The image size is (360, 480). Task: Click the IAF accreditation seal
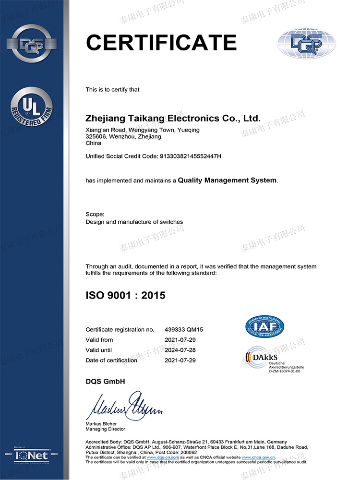(x=264, y=326)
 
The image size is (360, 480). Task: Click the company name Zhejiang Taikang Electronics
(x=173, y=118)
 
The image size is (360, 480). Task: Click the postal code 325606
(x=95, y=137)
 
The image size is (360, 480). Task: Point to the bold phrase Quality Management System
(x=227, y=180)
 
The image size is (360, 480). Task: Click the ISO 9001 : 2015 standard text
(x=125, y=295)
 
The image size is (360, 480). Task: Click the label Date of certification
(x=111, y=360)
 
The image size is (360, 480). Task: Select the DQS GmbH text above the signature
(x=105, y=381)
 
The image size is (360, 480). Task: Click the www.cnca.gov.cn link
(x=261, y=457)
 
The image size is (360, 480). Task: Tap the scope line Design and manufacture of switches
(x=134, y=222)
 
